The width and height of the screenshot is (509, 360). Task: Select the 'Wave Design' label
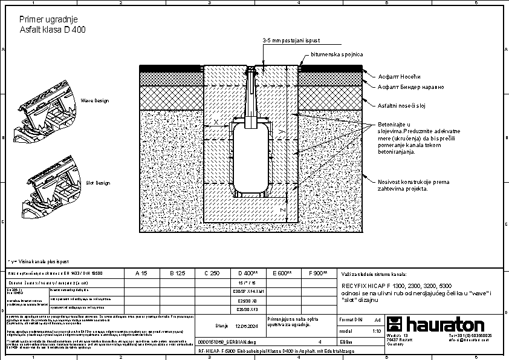point(95,100)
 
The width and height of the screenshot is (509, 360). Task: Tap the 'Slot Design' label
point(98,182)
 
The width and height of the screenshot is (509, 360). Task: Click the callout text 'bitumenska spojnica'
point(337,54)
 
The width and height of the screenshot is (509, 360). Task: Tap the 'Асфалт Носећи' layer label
point(398,76)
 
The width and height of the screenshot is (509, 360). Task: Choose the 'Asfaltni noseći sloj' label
point(403,106)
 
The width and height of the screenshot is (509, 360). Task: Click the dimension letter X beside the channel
point(216,122)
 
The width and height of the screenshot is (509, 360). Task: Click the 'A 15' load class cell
point(140,273)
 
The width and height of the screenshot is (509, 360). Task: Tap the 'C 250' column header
point(212,273)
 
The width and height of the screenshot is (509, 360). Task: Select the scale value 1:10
point(377,332)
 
